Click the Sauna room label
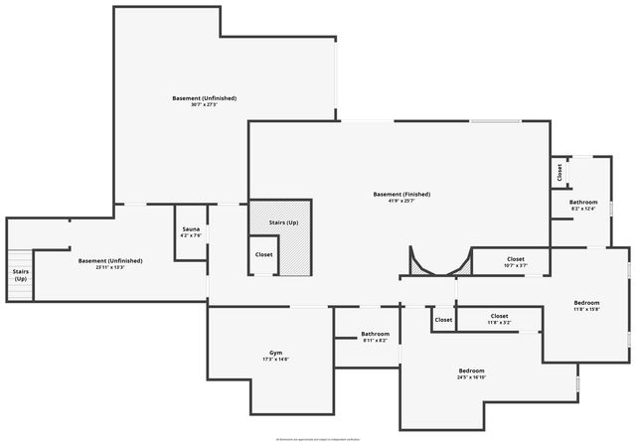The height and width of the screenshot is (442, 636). (x=191, y=229)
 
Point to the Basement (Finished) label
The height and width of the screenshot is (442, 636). (x=401, y=194)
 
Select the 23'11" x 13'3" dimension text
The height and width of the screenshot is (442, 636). (x=110, y=267)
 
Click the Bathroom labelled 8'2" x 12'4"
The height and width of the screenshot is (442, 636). (x=583, y=203)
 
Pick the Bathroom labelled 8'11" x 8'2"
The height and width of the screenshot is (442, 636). (x=375, y=334)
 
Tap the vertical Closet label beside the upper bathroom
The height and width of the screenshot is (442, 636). (x=559, y=171)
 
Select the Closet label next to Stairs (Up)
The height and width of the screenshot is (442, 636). (x=263, y=254)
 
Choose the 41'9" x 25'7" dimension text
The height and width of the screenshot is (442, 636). (x=401, y=201)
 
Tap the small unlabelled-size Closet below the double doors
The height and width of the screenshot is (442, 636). (x=443, y=320)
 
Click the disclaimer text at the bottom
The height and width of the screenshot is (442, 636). (x=318, y=437)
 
